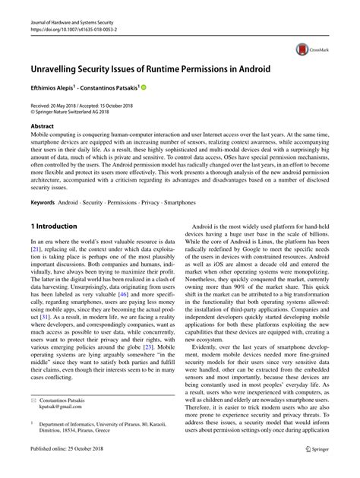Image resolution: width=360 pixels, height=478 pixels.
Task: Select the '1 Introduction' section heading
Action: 54,226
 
